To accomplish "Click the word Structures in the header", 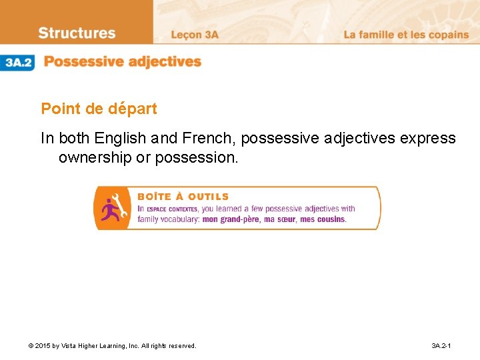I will (x=77, y=33).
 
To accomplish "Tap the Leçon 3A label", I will (x=195, y=35).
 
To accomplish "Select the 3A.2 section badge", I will (x=18, y=63).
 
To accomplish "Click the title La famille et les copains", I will (x=406, y=35).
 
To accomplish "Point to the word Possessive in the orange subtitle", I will (x=83, y=62).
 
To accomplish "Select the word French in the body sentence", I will (x=207, y=139).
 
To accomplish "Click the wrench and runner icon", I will (x=111, y=207).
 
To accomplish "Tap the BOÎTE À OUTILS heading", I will (x=183, y=197).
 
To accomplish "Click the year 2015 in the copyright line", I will (x=43, y=346).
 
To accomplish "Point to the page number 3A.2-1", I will (x=441, y=346).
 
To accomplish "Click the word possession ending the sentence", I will (x=205, y=158).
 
